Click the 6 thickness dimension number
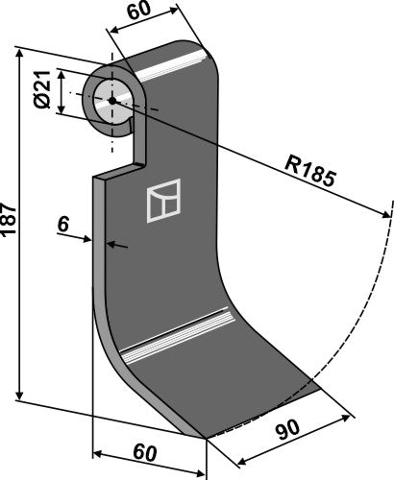(63, 225)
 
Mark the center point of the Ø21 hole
(111, 100)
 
